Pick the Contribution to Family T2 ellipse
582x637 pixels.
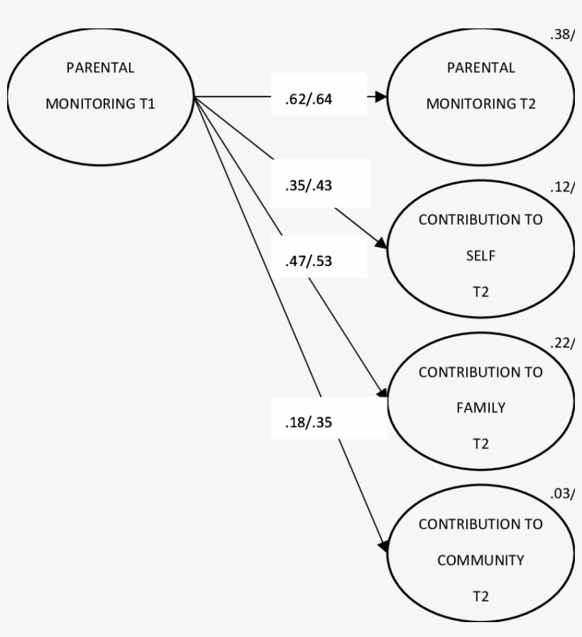(481, 401)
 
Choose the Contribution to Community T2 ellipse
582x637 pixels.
(481, 554)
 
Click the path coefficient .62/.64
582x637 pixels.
(304, 99)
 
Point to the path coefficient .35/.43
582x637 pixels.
(304, 186)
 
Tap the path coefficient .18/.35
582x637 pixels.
(304, 421)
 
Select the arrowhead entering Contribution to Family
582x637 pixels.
(381, 393)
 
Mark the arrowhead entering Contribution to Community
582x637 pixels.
(383, 545)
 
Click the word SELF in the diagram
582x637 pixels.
(481, 255)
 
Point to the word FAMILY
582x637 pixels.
(481, 408)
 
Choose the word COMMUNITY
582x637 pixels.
(481, 560)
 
